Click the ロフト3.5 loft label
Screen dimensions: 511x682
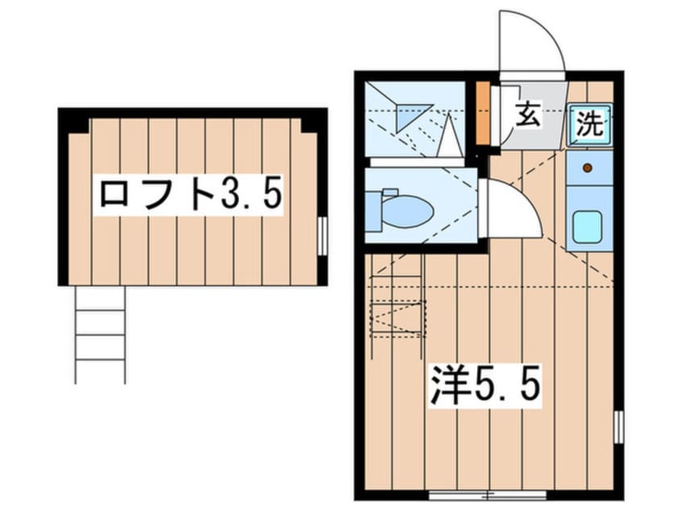point(190,194)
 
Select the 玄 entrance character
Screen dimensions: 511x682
point(527,116)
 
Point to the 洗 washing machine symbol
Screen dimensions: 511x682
point(589,124)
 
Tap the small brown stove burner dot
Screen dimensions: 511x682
point(588,168)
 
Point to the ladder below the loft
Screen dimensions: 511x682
point(100,333)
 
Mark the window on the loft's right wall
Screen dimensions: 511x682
point(322,235)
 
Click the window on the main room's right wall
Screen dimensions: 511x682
point(618,426)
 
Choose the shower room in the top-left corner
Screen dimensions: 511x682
point(415,121)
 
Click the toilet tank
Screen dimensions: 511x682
point(372,210)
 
